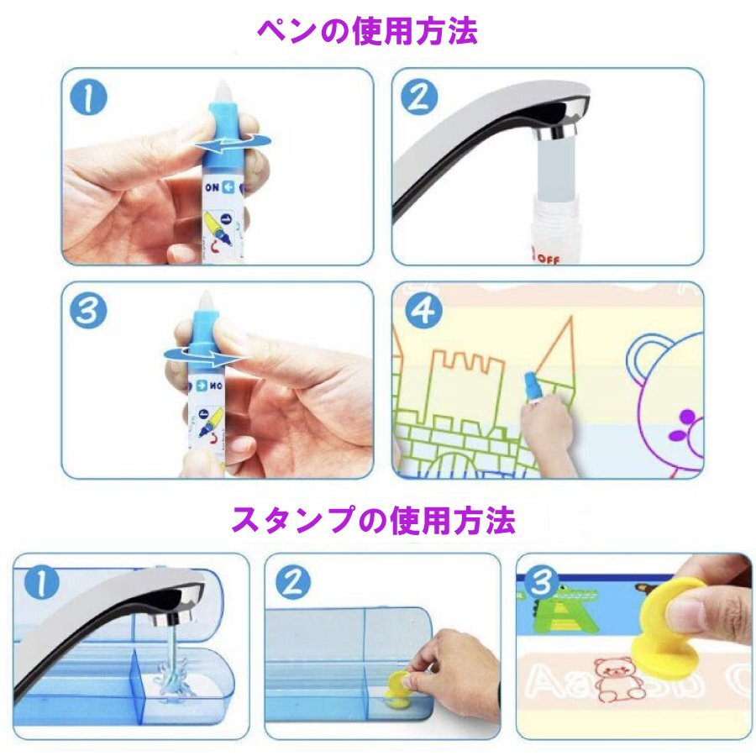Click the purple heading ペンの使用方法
tap(367, 32)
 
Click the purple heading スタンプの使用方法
tap(373, 520)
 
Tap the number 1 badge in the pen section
tap(89, 98)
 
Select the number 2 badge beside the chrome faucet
tap(419, 98)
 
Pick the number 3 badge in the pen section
tap(87, 311)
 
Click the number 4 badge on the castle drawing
tap(423, 311)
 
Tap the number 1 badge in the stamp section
tap(42, 583)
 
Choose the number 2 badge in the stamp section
tap(293, 583)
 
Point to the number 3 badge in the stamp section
tap(541, 582)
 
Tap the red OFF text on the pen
tap(548, 260)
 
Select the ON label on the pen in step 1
tap(213, 188)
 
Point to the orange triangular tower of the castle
tap(559, 350)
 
